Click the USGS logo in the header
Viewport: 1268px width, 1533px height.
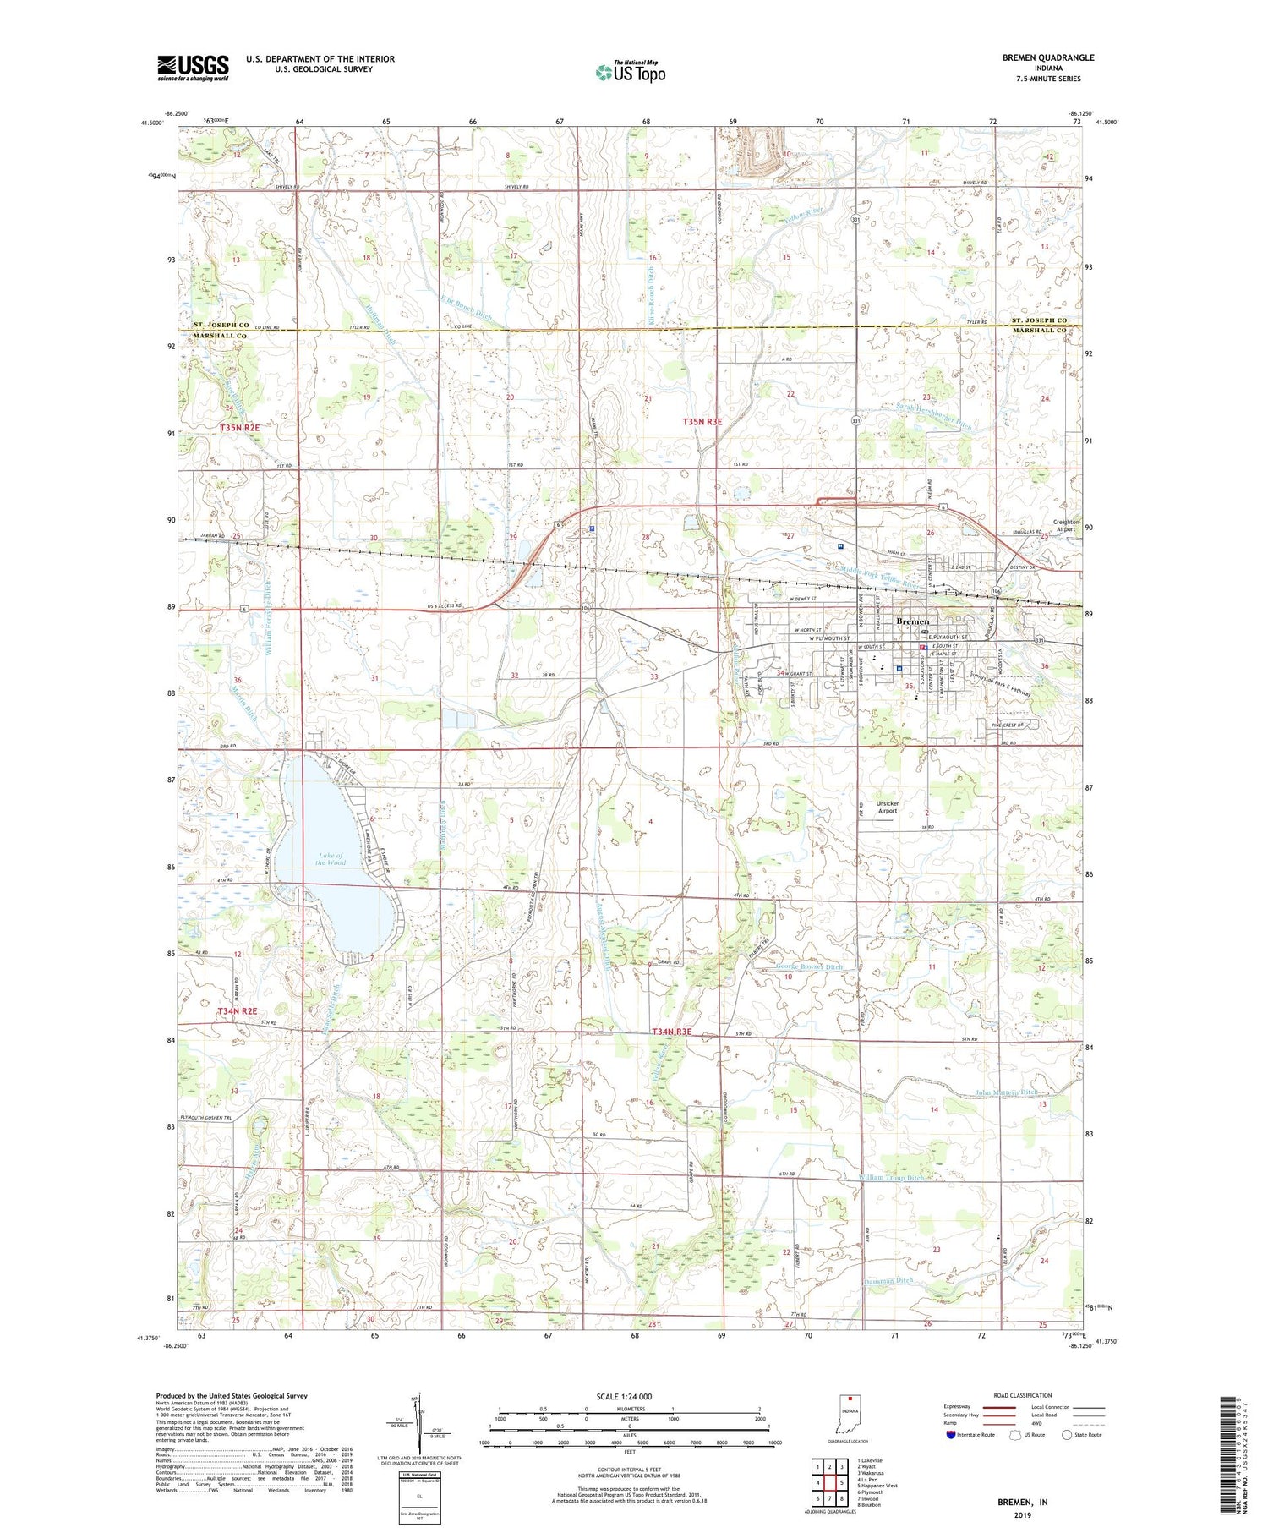coord(193,68)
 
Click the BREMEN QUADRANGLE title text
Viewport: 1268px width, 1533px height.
coord(1048,57)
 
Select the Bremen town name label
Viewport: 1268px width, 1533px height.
coord(912,621)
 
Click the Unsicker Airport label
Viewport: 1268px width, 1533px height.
coord(887,807)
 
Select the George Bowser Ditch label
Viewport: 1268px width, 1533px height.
coord(808,966)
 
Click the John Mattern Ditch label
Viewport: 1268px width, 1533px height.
coord(1006,1092)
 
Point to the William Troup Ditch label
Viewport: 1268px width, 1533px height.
coord(891,1177)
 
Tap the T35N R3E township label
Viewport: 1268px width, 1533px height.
coord(702,421)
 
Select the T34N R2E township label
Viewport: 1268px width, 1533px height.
coord(237,1011)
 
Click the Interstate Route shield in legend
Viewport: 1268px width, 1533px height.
coord(951,1435)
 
